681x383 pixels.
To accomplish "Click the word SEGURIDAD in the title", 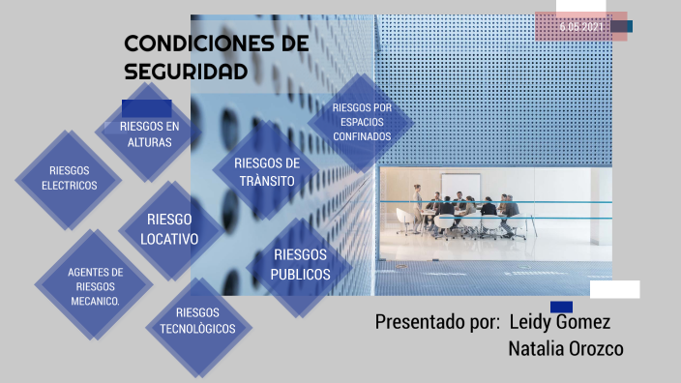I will coord(187,72).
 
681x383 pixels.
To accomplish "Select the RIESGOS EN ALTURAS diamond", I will coord(149,134).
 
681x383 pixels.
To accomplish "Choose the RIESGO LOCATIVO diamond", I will coord(169,229).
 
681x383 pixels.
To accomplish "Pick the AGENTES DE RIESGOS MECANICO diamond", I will coord(95,286).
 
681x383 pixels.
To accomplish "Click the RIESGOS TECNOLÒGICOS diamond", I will coord(197,321).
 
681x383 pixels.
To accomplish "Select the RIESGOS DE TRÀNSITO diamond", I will coord(267,171).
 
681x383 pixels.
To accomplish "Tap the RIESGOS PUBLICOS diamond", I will coord(300,265).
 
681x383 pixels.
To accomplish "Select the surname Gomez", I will coord(586,321).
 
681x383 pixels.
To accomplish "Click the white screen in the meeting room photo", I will coord(459,185).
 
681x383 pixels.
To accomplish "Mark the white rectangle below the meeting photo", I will coord(614,289).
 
